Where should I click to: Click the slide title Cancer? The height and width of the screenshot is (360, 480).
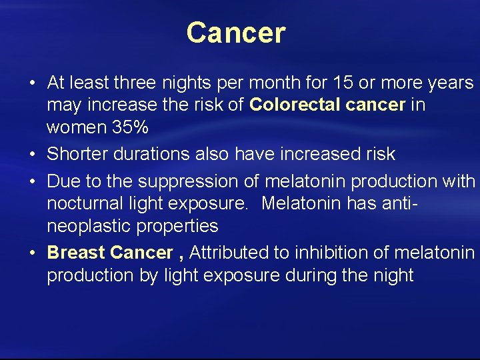[x=236, y=33]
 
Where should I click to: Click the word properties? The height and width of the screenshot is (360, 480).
[x=177, y=226]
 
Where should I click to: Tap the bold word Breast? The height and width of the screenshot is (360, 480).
[x=76, y=253]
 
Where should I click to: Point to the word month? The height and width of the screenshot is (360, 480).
[x=263, y=83]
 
